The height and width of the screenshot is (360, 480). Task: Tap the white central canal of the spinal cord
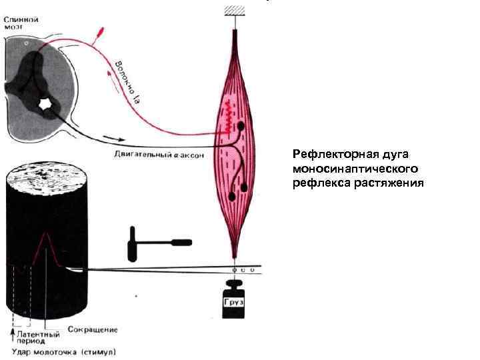pos(46,105)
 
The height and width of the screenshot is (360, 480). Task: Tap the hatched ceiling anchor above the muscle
pos(235,9)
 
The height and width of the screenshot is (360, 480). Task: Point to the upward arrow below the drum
pos(12,327)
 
